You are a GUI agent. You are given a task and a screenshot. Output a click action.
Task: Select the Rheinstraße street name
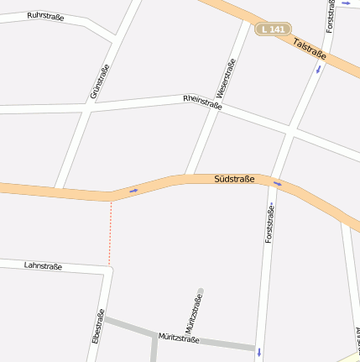tap(202, 102)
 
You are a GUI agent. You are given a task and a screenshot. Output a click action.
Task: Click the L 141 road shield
tap(274, 29)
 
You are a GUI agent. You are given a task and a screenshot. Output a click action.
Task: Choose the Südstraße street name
tap(234, 179)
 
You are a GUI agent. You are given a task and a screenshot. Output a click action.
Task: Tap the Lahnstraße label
tap(43, 265)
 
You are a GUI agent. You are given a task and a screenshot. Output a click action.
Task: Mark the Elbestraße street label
tap(97, 328)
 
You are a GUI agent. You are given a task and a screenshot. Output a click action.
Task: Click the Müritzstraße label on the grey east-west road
tap(179, 338)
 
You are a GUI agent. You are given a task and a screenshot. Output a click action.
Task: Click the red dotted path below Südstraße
tap(110, 232)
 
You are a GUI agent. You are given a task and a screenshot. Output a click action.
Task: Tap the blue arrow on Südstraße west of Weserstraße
tap(133, 191)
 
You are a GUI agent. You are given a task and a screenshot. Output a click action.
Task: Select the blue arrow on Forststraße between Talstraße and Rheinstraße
tap(318, 69)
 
